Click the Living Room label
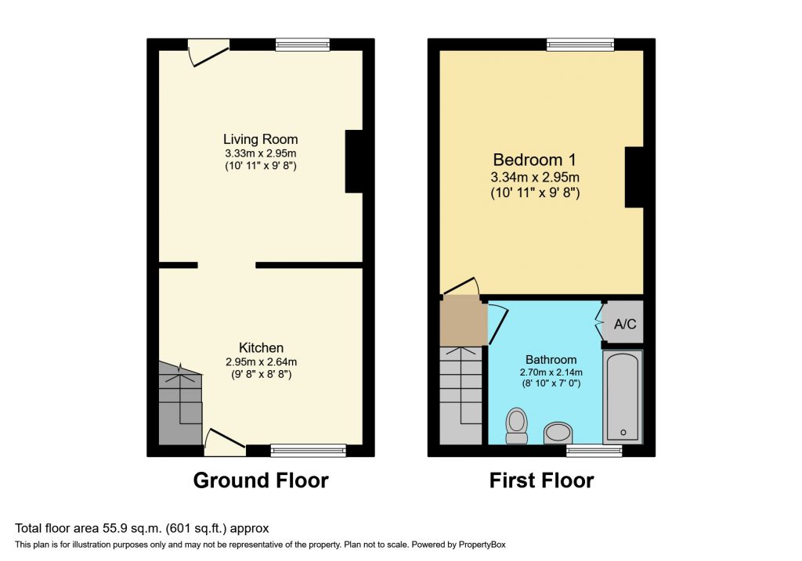tap(261, 139)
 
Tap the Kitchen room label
tap(261, 347)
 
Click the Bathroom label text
tap(552, 359)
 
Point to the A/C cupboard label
tap(624, 323)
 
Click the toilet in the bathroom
tap(517, 425)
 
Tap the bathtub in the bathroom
tap(623, 397)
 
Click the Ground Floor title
tap(261, 480)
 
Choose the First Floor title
tap(541, 480)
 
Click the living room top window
tap(302, 45)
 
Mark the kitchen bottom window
tap(308, 450)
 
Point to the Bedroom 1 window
tap(580, 45)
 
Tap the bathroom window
tap(594, 450)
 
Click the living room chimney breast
tap(354, 160)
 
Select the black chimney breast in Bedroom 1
tap(634, 177)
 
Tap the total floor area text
tap(142, 528)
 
